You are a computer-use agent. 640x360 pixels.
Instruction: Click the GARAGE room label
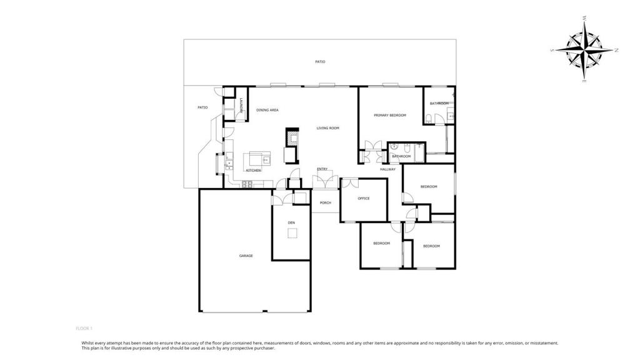(246, 256)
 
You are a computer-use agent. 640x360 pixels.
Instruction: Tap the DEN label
(291, 223)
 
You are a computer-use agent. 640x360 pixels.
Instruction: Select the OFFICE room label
(364, 199)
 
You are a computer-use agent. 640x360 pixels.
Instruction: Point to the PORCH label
(325, 203)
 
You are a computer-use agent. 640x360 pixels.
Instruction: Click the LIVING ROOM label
(327, 128)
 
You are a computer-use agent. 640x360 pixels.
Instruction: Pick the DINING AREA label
(267, 110)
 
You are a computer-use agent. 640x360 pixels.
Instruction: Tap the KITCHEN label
(253, 170)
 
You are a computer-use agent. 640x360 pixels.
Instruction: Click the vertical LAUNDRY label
(241, 106)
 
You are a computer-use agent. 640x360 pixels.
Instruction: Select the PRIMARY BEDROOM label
(390, 116)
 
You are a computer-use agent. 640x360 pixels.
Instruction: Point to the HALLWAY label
(387, 169)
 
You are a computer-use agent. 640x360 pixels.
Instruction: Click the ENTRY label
(322, 169)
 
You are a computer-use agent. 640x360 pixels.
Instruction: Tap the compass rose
(584, 50)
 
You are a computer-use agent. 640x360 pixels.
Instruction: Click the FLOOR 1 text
(84, 329)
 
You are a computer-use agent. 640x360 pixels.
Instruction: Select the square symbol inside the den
(292, 233)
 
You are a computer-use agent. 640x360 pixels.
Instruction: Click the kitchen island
(257, 158)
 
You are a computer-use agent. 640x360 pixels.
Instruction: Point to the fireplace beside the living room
(292, 137)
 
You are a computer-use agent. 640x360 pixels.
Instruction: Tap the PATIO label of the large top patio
(320, 62)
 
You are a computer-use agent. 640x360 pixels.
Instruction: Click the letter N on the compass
(617, 50)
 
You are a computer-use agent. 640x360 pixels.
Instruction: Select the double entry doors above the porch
(325, 181)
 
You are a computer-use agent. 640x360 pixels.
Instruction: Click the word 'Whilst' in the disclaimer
(87, 343)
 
